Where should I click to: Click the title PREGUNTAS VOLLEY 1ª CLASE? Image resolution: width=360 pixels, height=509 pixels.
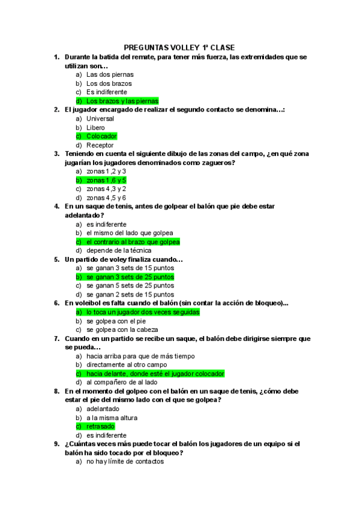click(179, 47)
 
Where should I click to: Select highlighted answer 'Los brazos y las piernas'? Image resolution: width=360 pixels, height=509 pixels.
click(122, 101)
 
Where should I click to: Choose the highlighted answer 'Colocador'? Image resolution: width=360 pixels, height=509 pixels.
click(101, 136)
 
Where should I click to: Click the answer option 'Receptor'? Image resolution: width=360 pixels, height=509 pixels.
click(100, 145)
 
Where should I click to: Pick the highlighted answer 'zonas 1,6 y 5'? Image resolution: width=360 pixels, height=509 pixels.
click(106, 180)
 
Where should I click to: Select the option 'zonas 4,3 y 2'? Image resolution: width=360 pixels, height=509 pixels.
click(106, 188)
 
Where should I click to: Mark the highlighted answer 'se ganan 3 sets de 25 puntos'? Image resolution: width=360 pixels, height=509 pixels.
click(130, 277)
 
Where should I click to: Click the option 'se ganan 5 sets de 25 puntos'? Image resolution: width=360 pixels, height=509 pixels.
click(130, 286)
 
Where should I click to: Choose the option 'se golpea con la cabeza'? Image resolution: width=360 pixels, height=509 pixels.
click(122, 330)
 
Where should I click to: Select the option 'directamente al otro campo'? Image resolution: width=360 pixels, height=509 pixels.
click(127, 364)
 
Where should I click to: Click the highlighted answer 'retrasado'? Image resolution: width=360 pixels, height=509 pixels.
click(100, 426)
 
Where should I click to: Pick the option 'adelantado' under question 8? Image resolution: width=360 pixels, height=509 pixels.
click(103, 409)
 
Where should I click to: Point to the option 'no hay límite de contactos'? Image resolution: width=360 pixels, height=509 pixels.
click(125, 462)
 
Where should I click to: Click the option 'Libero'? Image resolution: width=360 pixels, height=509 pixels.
click(95, 128)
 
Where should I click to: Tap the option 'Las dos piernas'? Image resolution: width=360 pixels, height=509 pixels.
click(110, 75)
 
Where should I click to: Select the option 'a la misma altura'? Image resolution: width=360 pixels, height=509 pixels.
click(112, 418)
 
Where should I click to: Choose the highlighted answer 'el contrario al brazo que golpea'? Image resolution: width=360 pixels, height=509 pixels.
click(133, 242)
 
